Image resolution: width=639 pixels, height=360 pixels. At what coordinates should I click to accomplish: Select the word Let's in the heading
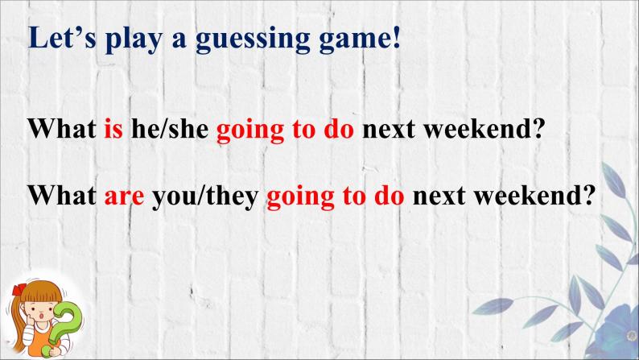point(62,38)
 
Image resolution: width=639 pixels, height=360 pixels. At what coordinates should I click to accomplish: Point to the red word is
point(113,129)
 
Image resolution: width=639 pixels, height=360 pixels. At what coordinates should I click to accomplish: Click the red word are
point(124,197)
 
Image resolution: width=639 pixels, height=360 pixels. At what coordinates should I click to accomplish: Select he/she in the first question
point(170,129)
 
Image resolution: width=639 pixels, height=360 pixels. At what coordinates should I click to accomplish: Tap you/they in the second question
point(205,197)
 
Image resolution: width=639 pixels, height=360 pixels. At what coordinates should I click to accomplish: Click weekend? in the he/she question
point(484,129)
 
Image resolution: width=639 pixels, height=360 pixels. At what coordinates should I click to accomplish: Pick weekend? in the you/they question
point(534,196)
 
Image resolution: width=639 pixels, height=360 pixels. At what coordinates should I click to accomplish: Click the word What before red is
point(62,129)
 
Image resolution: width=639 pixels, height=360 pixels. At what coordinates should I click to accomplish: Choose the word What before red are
point(62,196)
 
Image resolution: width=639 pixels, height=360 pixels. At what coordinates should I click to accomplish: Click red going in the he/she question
point(249,131)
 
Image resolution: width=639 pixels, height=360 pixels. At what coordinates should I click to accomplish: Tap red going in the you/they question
point(300,198)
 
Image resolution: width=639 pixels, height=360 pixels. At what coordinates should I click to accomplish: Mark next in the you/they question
point(439,197)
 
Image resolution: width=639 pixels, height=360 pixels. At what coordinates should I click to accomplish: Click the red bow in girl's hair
point(19,288)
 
